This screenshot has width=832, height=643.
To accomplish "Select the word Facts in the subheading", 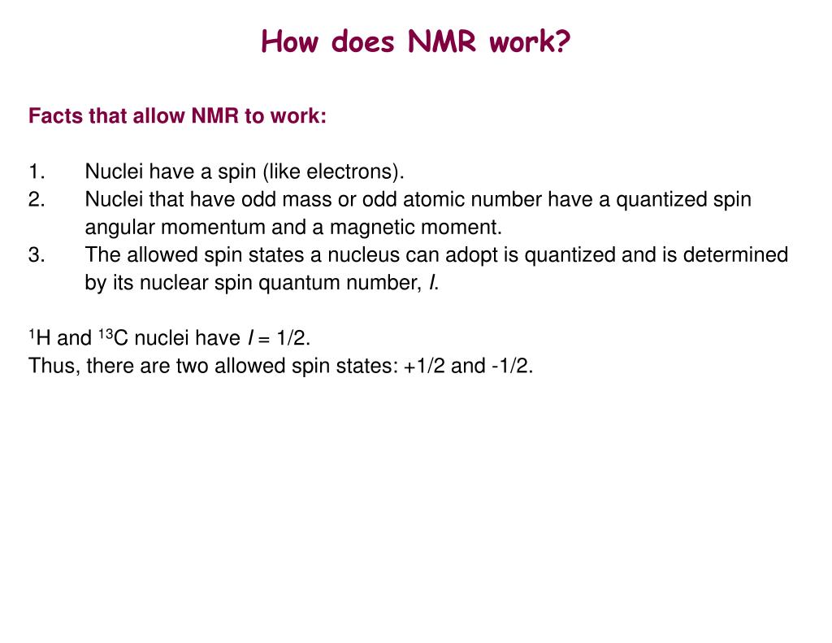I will [55, 116].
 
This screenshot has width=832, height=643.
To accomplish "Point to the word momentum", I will [205, 228].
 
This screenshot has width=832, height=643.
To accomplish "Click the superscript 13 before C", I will [106, 333].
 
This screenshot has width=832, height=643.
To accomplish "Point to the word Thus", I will [53, 366].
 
